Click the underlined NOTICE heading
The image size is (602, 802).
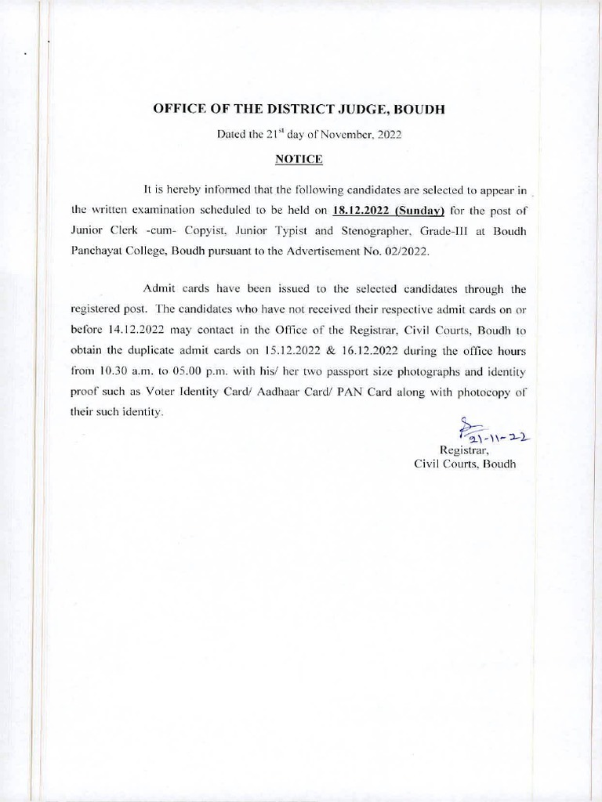click(299, 159)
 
